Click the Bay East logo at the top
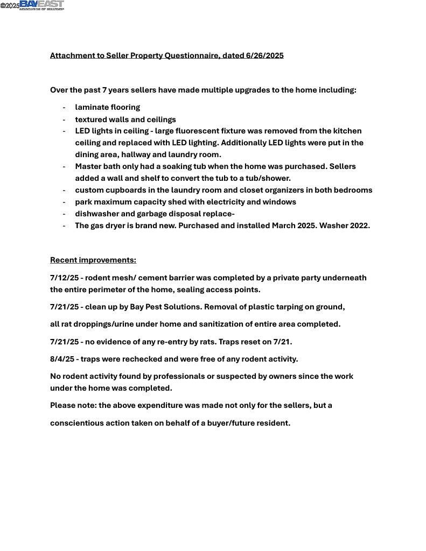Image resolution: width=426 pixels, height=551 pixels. click(x=41, y=5)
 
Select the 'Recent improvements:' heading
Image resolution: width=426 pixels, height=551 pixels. click(x=93, y=260)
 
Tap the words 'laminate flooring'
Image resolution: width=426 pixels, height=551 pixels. click(x=107, y=107)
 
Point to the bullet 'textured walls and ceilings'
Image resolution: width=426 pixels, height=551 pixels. click(x=125, y=119)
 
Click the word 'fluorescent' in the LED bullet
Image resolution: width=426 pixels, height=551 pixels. click(x=197, y=131)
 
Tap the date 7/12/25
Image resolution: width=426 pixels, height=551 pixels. click(x=64, y=278)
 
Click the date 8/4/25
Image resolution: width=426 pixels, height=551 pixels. click(x=62, y=359)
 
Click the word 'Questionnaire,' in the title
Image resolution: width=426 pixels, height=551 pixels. click(x=193, y=55)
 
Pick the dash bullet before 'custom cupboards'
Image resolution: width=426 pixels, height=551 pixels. click(x=64, y=190)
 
